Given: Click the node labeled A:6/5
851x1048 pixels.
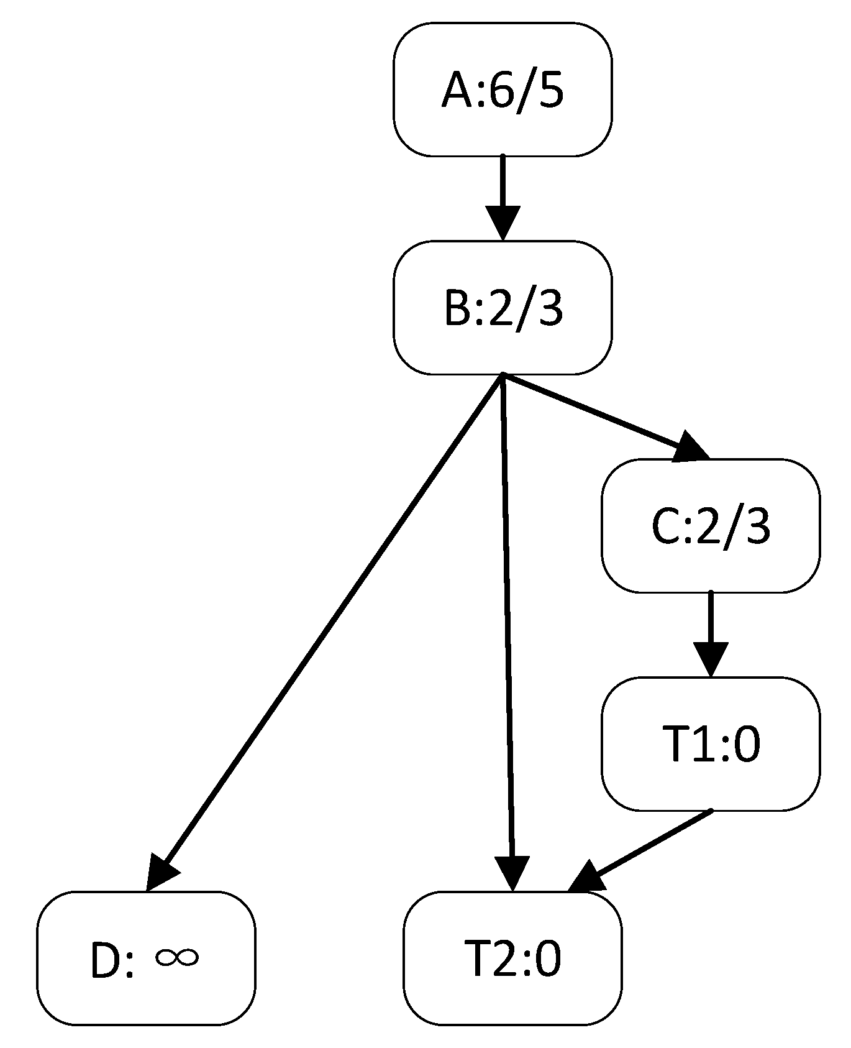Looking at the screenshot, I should (502, 90).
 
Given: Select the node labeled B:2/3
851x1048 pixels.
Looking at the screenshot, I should (502, 308).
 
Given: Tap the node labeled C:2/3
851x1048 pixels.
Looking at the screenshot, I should (711, 526).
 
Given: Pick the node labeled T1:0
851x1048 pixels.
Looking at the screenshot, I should (711, 744).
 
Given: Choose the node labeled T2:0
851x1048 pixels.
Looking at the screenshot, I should (512, 958).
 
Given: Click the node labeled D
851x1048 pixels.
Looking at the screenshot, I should (145, 958).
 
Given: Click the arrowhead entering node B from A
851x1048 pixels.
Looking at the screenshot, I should (502, 224).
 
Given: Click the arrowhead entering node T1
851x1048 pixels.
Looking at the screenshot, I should (711, 660).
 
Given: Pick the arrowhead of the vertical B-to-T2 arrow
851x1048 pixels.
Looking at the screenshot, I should (512, 873).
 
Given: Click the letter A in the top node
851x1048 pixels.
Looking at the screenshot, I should (457, 91).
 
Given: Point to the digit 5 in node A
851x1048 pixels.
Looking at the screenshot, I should (548, 91).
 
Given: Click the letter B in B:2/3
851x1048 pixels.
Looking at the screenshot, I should (458, 309).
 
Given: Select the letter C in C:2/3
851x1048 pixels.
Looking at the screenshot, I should (667, 527).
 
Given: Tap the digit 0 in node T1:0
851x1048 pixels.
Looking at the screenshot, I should (745, 745).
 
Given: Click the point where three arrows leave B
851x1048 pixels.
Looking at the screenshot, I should (502, 375).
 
